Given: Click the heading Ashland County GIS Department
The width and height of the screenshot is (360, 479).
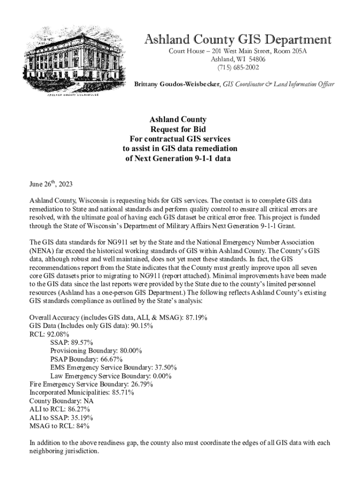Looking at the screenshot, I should tap(238, 39).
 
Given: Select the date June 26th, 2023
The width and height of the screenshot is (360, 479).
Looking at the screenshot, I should tap(51, 184).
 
